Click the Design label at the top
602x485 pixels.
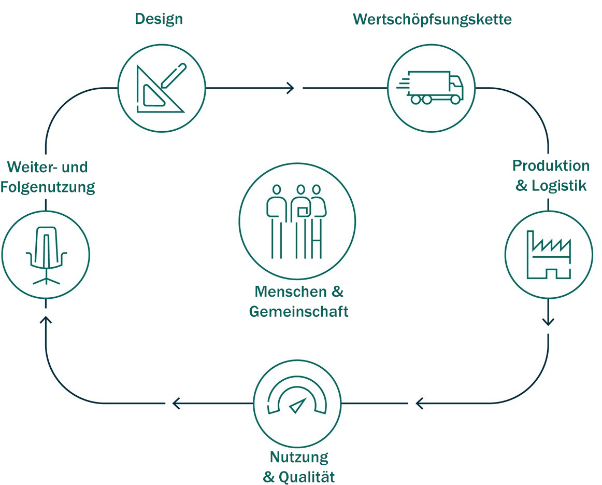point(159,19)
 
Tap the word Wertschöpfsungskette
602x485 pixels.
point(432,19)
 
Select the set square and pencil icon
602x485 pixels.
point(161,88)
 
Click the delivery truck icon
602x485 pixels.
point(431,88)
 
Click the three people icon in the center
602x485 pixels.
point(296,221)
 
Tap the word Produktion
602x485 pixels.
point(551,166)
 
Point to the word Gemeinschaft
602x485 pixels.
point(298,312)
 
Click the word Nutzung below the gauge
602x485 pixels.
point(299,458)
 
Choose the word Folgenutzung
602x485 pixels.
point(48,187)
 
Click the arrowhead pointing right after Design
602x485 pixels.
point(291,88)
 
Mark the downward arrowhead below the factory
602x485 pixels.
point(549,322)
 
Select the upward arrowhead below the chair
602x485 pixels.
point(46,321)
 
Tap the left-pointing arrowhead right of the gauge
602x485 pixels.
point(420,403)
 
